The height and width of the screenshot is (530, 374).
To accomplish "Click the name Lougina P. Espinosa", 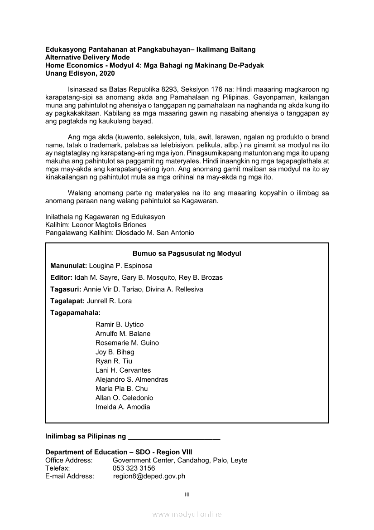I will point(121,266).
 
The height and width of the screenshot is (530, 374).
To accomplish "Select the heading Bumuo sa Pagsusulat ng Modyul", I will point(187,253).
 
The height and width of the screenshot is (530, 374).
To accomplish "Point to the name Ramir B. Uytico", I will point(120,325).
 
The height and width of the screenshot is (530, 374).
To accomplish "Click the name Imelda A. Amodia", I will point(123,407).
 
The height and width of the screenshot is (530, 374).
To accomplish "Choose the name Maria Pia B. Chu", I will point(121,389).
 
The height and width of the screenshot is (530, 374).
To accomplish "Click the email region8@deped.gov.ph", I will point(149,476).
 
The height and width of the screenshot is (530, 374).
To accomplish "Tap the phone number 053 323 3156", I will point(134,468).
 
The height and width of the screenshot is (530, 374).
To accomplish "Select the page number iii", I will point(187,494).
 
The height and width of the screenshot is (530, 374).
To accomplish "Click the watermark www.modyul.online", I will point(187,514).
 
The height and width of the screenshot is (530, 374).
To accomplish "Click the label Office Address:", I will point(69,460).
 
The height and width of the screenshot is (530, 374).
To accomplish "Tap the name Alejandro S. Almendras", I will point(132,379).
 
